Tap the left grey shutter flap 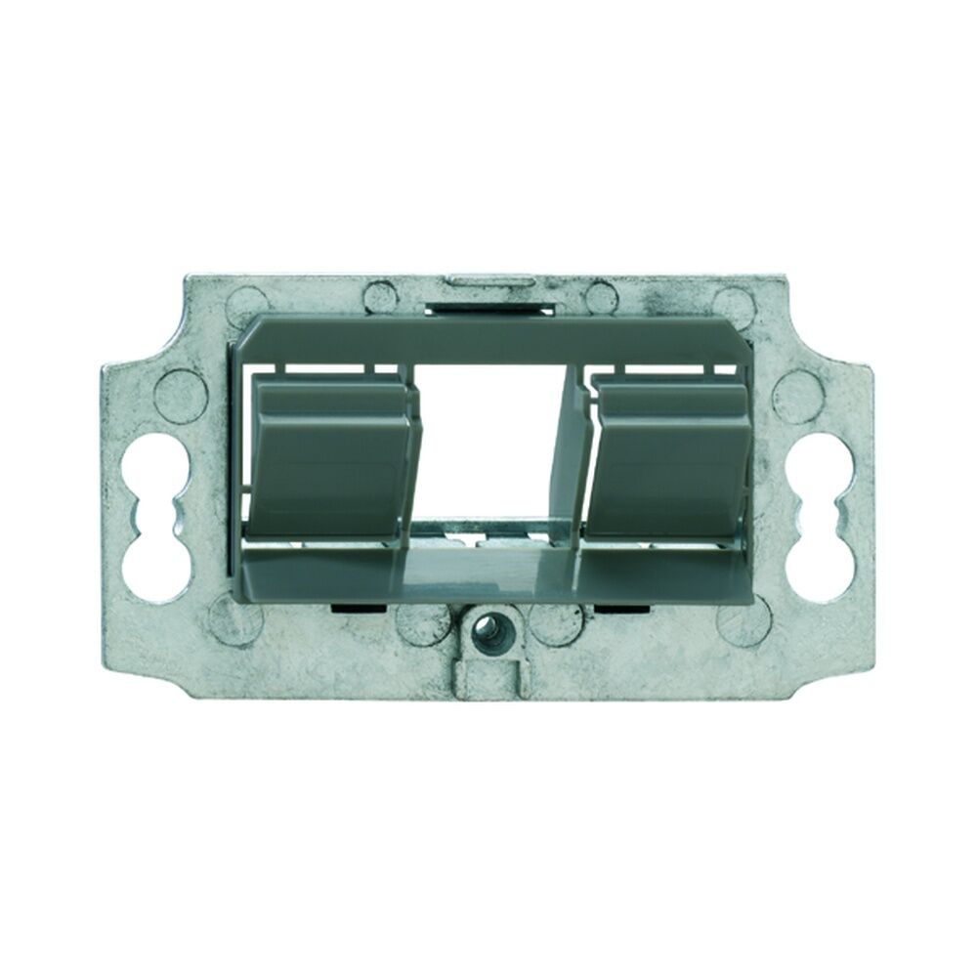click(x=333, y=459)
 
